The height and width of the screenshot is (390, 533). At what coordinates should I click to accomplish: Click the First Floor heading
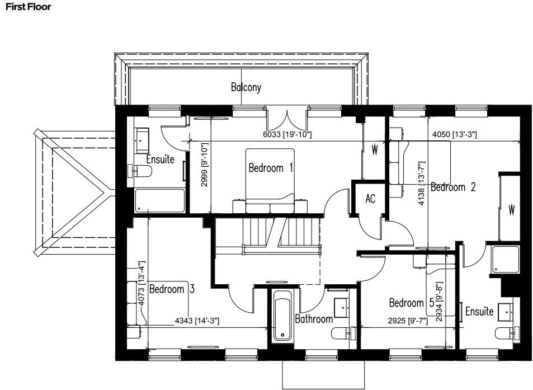pos(27,7)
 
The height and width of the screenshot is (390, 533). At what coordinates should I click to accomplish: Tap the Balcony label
pos(246,87)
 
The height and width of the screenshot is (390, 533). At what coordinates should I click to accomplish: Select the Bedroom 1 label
pos(271,167)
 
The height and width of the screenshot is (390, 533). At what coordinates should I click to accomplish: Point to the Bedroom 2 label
pos(453,187)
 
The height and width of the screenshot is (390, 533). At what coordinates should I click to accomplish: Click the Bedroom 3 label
pos(172,289)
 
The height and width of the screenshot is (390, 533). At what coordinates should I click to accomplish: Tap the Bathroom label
pos(314,318)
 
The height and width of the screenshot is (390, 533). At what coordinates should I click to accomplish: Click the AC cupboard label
pos(370,199)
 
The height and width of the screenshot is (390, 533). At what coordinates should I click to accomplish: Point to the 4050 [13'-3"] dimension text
pos(455,135)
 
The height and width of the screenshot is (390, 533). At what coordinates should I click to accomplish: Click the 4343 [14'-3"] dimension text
pos(197,321)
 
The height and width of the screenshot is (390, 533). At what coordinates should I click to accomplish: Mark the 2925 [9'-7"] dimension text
pos(408,321)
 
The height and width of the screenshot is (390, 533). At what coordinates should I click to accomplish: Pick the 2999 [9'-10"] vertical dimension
pos(205,165)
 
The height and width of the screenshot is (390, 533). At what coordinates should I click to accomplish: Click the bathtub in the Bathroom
pos(282,319)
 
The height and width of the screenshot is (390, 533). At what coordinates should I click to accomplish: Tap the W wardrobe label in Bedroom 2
pos(511,210)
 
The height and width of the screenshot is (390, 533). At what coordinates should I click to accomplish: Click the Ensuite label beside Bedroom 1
pos(160,159)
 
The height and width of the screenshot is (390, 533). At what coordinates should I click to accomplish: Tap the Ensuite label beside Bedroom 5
pos(479,311)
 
